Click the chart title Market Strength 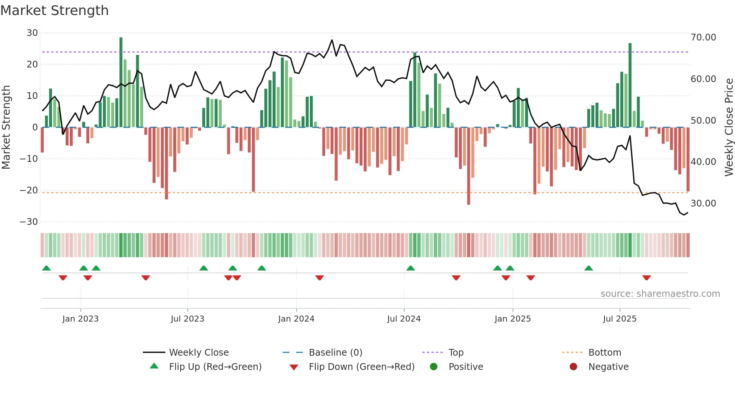pos(54,10)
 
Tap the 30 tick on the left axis pos(32,33)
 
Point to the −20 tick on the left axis pos(29,190)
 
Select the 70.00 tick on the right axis pos(703,37)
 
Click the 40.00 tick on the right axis pos(703,162)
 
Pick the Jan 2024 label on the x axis pos(296,319)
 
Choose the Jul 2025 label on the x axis pos(619,319)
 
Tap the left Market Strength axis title pos(6,127)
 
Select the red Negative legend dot pos(573,367)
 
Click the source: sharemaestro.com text pos(660,294)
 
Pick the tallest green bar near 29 pos(121,82)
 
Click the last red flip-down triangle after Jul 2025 pos(646,278)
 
